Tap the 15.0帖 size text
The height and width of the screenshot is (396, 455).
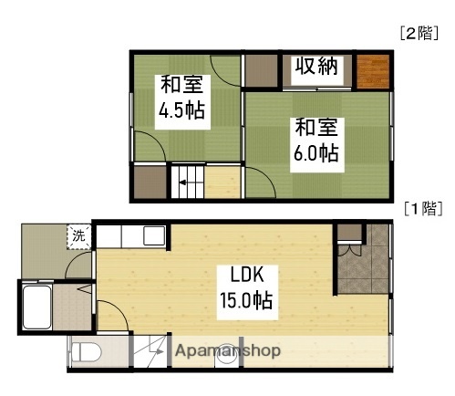pyautogui.click(x=246, y=299)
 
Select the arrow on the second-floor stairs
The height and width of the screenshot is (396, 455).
pyautogui.click(x=182, y=181)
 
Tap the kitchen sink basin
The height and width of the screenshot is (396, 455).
pyautogui.click(x=150, y=236)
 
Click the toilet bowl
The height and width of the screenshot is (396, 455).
pyautogui.click(x=85, y=352)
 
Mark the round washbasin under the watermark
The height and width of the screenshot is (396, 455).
pyautogui.click(x=222, y=359)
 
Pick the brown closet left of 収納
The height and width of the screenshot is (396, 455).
pyautogui.click(x=261, y=69)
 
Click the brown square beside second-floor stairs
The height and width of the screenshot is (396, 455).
pyautogui.click(x=148, y=182)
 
